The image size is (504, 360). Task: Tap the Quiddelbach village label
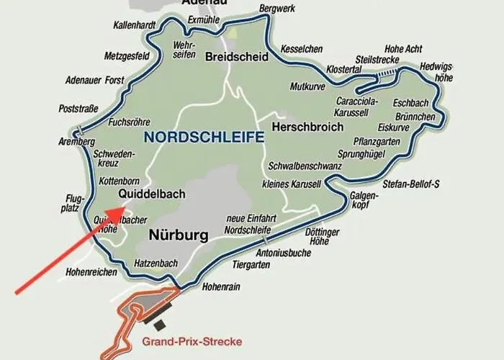click(x=152, y=194)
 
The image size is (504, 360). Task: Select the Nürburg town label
click(x=179, y=235)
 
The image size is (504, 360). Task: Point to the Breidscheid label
click(x=237, y=57)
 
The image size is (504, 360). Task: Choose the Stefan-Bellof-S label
click(x=411, y=184)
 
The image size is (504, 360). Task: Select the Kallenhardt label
click(x=135, y=25)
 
